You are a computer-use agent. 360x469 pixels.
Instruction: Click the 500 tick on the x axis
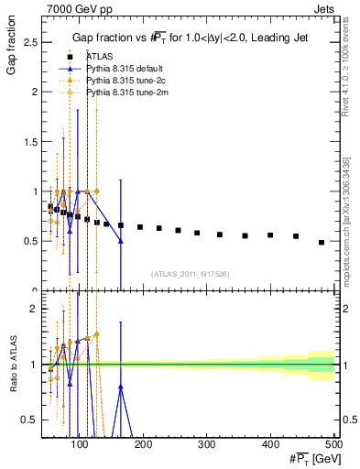pos(335,442)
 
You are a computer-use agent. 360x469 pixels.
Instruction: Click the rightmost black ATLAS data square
pos(322,243)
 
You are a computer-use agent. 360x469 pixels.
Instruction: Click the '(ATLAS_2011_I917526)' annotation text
pos(190,274)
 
